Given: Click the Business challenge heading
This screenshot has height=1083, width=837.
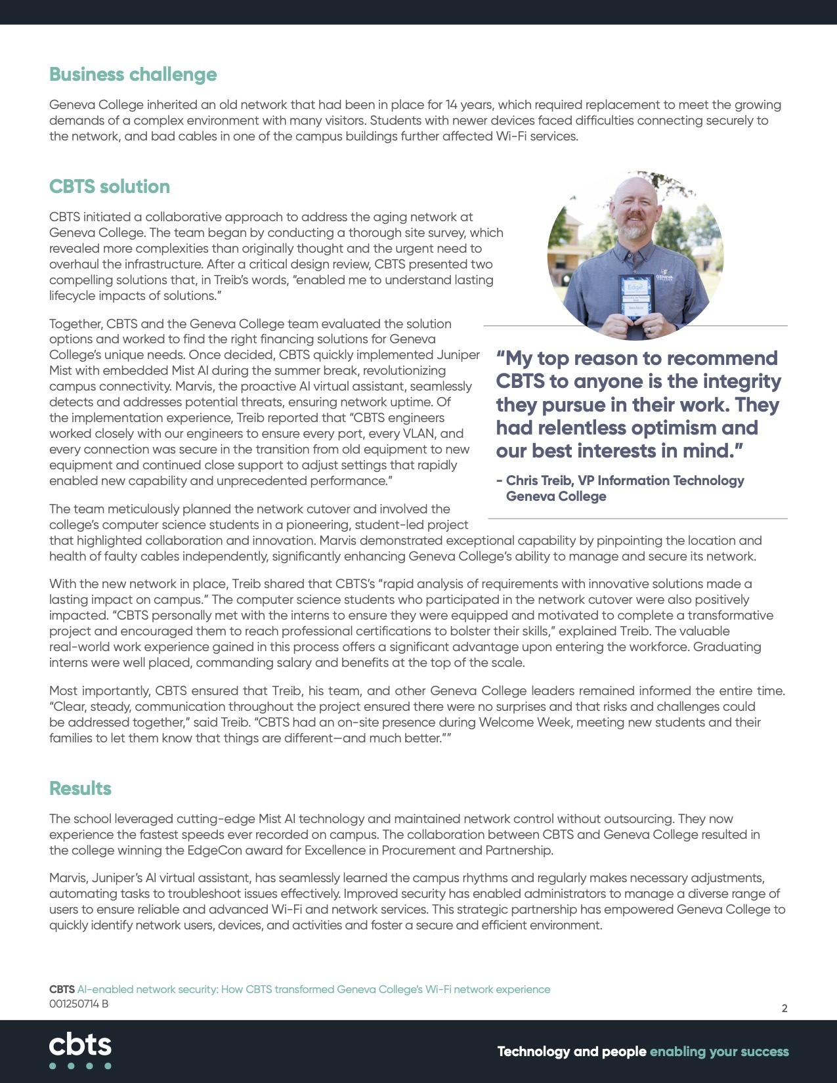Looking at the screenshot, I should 133,75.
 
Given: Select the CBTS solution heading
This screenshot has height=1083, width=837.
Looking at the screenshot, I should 110,187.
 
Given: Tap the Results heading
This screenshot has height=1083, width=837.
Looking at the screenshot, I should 80,788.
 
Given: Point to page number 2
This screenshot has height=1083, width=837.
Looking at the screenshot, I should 784,1008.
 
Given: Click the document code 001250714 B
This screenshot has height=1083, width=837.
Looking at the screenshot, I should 79,1004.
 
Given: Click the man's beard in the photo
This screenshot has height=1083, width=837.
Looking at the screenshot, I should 634,230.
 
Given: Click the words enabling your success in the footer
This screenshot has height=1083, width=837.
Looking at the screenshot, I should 719,1051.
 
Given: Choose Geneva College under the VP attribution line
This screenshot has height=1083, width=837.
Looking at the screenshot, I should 556,496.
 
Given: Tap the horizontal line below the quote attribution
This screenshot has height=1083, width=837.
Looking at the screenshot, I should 637,519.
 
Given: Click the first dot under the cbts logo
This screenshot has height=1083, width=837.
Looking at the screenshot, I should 53,1066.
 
